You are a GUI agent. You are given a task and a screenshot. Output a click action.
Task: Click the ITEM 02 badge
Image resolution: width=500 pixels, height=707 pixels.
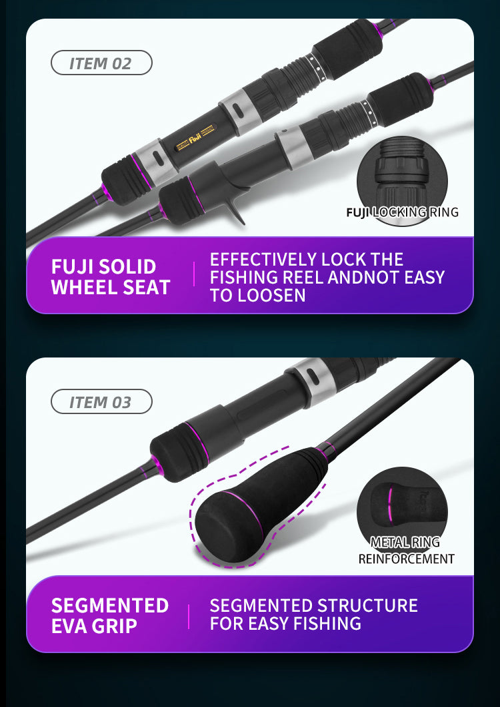pos(101,63)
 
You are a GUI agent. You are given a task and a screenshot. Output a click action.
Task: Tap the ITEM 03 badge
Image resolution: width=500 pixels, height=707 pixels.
pos(101,401)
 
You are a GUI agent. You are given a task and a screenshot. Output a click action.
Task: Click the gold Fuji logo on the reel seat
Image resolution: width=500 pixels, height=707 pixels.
pos(195,139)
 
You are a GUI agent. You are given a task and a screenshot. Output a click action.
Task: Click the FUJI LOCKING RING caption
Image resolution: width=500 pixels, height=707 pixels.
pos(402,212)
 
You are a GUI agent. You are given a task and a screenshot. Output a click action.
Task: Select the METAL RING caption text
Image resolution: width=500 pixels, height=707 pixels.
pos(405,542)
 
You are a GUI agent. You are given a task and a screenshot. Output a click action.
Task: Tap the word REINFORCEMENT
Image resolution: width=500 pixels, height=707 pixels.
pos(406,559)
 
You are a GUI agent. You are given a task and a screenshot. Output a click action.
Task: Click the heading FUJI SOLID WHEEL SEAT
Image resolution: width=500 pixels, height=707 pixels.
pos(111,277)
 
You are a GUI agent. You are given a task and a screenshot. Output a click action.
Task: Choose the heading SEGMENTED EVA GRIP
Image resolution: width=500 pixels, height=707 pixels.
pos(110,616)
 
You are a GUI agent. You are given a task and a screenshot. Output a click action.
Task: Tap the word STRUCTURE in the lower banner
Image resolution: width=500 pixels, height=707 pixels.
pos(367,606)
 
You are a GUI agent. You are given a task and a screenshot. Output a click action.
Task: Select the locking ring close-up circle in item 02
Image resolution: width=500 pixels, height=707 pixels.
pos(402,180)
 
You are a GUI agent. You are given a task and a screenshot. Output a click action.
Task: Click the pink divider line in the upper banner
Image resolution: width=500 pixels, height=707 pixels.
pos(194,274)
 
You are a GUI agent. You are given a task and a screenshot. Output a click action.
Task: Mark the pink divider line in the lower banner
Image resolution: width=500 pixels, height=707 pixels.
pos(189,617)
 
